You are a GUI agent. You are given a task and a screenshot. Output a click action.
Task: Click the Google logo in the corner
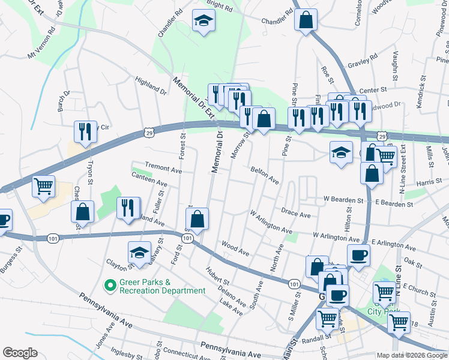(20, 353)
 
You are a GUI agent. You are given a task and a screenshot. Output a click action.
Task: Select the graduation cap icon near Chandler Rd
(203, 21)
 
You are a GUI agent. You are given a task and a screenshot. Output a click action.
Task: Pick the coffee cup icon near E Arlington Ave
(358, 256)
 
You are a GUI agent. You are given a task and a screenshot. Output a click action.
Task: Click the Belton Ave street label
(265, 176)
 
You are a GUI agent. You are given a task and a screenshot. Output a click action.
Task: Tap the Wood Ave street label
(235, 248)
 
